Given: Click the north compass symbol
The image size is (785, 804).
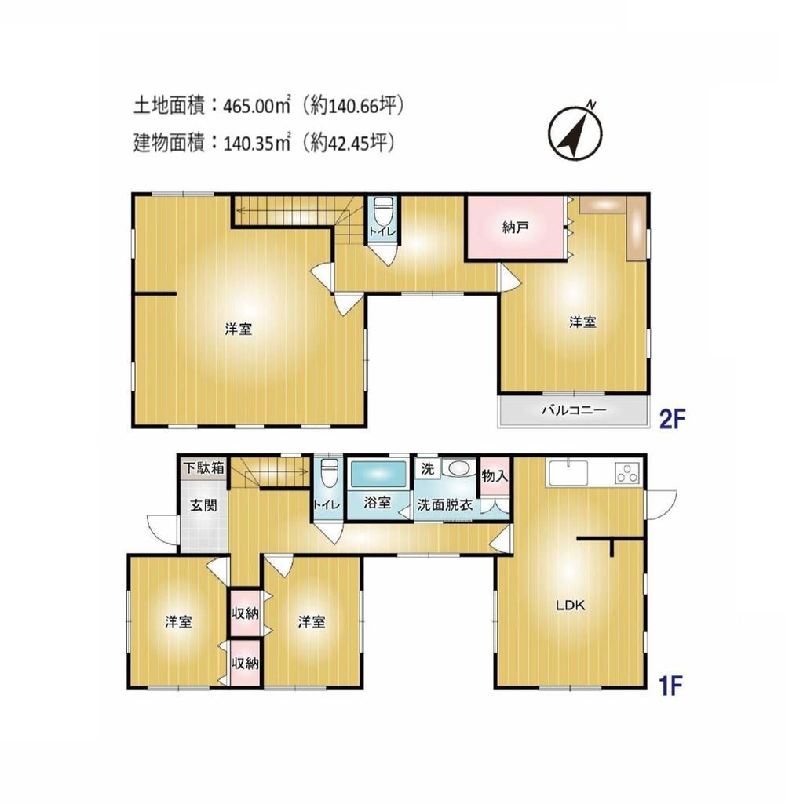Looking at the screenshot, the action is (x=575, y=132).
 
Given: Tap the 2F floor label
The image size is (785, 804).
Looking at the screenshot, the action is (x=672, y=420).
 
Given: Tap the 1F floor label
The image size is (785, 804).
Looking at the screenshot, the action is (x=670, y=686).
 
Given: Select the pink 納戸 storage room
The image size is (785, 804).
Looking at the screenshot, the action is (x=515, y=227).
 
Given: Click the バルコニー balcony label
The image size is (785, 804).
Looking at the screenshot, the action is (x=574, y=409).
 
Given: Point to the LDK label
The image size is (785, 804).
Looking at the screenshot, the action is (x=571, y=605).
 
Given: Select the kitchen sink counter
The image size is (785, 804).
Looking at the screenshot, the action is (x=569, y=472).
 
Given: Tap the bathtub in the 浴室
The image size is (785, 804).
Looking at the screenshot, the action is (x=378, y=475).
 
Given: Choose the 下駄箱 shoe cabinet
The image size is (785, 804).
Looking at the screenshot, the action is (x=203, y=467).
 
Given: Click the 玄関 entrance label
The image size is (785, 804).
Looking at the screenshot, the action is (x=203, y=505).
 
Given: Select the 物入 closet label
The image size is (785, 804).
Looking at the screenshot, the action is (x=495, y=476).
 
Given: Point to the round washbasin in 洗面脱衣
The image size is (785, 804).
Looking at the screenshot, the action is (x=458, y=468).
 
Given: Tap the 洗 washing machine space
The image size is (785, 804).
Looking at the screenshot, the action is (x=428, y=468).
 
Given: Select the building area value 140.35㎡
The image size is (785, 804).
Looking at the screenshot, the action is (x=257, y=142).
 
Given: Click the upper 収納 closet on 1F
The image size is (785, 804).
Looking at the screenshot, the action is (x=245, y=613).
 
